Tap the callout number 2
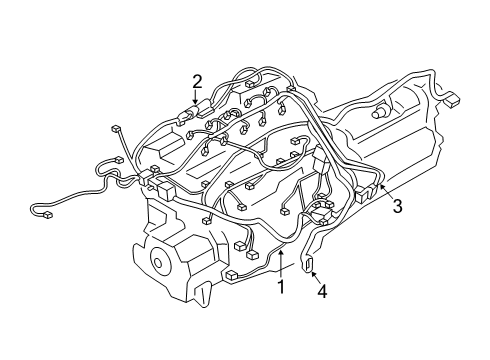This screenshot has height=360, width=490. click(x=197, y=81)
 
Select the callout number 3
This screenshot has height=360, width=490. click(x=397, y=207)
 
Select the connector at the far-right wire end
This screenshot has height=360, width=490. click(x=452, y=100)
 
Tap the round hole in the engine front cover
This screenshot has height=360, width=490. click(x=158, y=264)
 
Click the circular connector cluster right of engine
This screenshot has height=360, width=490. click(x=322, y=211)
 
